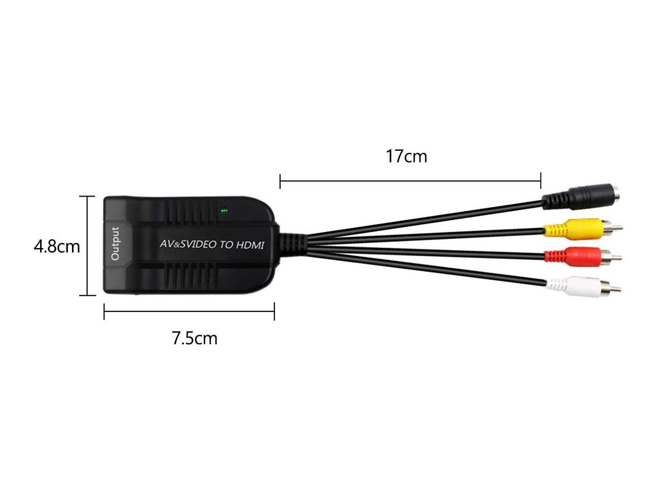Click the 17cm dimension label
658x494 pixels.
pos(406,156)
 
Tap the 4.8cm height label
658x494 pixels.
pos(57,246)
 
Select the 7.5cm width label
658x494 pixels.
pos(194,338)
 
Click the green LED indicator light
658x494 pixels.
pos(224,210)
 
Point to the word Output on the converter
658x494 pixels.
pos(115,243)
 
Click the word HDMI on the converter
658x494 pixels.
pos(250,245)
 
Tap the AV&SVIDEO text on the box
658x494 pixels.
pos(188,244)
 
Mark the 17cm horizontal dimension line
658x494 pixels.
pos(410,181)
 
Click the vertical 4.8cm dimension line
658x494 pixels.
pos(87,246)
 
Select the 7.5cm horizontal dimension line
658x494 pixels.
pos(189,311)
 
